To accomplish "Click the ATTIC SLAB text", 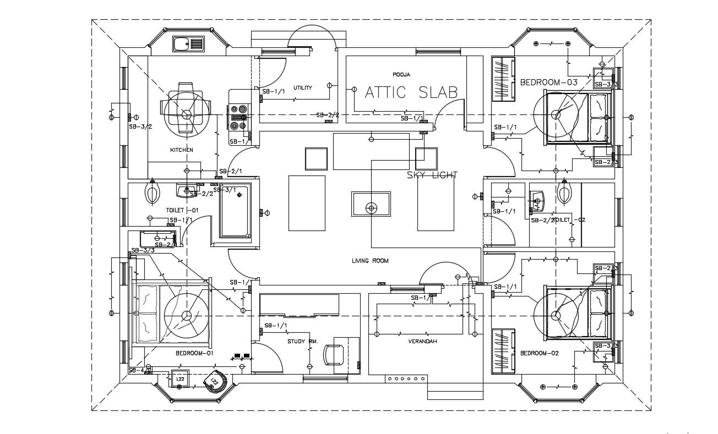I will [411, 92].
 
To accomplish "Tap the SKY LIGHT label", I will [432, 175].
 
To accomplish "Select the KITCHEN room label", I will [181, 150].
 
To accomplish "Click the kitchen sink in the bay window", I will [188, 43].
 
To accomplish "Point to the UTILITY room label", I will [302, 88].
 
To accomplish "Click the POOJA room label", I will [401, 74].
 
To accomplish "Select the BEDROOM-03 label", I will [548, 83].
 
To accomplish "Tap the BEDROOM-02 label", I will [539, 353].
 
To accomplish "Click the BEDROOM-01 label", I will [194, 353].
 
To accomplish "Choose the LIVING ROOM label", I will [370, 261].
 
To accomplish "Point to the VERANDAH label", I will [422, 342].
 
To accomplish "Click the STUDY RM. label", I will [302, 342].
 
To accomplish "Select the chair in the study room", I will [334, 354].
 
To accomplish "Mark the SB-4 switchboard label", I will [136, 371].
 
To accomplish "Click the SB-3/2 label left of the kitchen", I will [140, 126].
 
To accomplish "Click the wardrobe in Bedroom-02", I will [502, 351].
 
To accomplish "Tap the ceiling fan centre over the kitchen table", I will [187, 114].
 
